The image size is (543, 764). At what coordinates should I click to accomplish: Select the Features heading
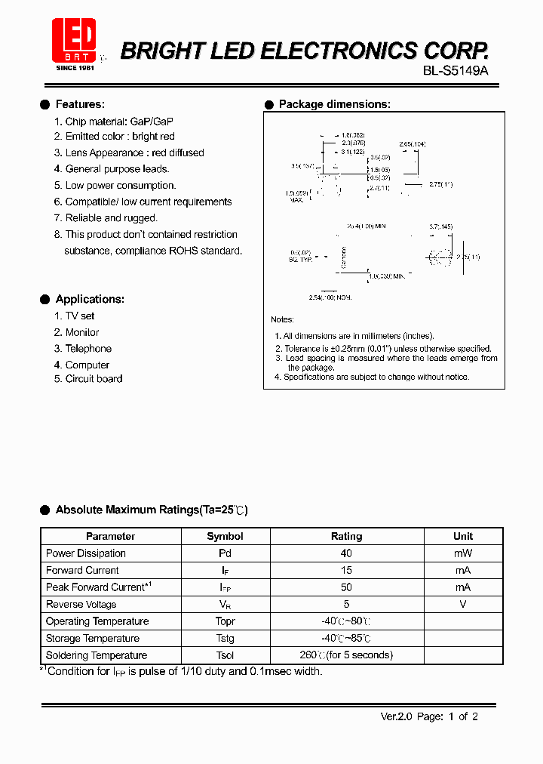point(80,104)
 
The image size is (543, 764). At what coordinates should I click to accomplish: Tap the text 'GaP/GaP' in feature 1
point(152,121)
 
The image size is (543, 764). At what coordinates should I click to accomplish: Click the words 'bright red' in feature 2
point(153,137)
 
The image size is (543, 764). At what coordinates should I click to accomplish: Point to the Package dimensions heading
point(334,104)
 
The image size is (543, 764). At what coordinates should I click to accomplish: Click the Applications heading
point(90,299)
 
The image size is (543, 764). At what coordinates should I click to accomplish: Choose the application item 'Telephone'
point(88,349)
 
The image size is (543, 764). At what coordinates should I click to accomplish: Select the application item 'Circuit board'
point(94,379)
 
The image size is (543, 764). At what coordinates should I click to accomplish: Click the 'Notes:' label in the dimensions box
point(282,320)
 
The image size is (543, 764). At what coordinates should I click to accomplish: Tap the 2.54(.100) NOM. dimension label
point(330,297)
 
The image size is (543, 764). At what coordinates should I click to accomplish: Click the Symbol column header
point(225,536)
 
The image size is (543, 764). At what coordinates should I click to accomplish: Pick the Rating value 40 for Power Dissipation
point(346,553)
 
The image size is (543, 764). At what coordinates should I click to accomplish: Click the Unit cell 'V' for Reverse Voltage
point(463,604)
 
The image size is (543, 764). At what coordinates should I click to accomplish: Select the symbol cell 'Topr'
point(225,621)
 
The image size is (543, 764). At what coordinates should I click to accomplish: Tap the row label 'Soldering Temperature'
point(97,655)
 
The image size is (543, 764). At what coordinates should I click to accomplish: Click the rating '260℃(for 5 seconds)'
point(346,655)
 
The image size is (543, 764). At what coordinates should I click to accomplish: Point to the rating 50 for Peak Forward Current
point(346,587)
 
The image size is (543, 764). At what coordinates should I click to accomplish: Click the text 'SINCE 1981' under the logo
point(73,68)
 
